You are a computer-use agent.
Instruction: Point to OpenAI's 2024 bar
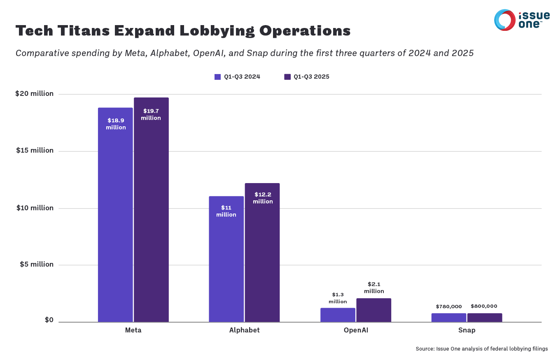[338, 315]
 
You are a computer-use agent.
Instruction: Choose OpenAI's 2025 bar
[374, 310]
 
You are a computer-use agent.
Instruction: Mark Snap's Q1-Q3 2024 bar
[449, 318]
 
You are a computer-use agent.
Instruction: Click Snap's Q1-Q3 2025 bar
[485, 318]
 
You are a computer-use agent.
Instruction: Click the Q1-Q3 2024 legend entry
[238, 77]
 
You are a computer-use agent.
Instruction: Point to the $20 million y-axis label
[35, 94]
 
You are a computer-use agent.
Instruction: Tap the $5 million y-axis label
[37, 265]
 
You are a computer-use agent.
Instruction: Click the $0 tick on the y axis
[49, 320]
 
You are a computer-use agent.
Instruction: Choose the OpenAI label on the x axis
[356, 330]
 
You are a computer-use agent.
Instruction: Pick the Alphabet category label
[244, 330]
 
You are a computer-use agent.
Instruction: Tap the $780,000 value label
[449, 307]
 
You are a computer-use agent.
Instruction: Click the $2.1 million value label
[374, 288]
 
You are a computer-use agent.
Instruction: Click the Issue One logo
[522, 20]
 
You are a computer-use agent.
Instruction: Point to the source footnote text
[482, 349]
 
